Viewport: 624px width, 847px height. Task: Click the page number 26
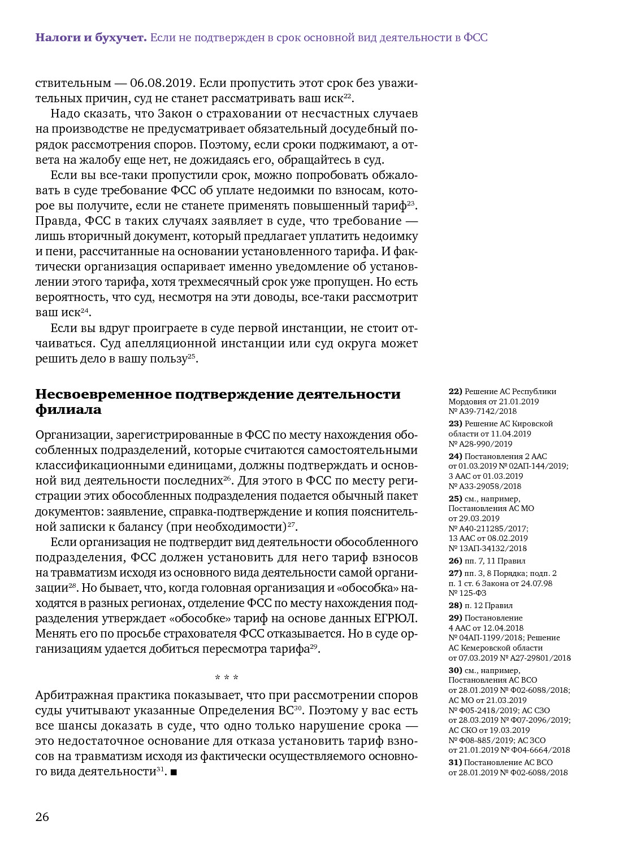[x=42, y=817]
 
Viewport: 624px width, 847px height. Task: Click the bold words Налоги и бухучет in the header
[x=91, y=38]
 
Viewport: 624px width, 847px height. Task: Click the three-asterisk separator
[x=227, y=678]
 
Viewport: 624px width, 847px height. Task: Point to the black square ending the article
[x=174, y=772]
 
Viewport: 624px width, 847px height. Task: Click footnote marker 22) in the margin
[x=455, y=391]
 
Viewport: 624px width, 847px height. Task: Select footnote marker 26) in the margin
[x=455, y=561]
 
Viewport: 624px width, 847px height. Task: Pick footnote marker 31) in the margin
[x=455, y=762]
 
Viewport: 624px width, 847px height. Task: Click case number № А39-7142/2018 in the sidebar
[x=483, y=412]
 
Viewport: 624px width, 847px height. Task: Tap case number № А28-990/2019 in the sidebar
[x=480, y=444]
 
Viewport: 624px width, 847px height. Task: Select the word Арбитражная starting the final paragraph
[x=73, y=695]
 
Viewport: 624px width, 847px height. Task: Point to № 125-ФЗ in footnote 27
[x=467, y=593]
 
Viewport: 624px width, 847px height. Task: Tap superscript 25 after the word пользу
[x=192, y=356]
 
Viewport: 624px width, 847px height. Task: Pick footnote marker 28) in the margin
[x=455, y=605]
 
